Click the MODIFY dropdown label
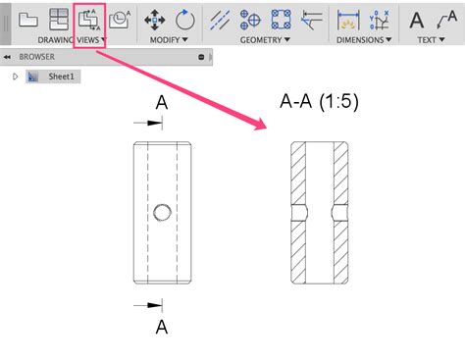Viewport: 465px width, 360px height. click(169, 40)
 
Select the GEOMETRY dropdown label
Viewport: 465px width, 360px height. click(265, 40)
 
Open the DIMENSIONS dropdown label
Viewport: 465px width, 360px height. click(364, 40)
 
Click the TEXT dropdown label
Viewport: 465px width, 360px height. click(431, 40)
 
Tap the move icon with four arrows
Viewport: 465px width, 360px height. click(155, 20)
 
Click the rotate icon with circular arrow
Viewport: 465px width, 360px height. click(185, 20)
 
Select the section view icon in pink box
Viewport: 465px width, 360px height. click(89, 20)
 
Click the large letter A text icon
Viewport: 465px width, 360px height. click(417, 20)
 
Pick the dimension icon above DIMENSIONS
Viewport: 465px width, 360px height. click(348, 20)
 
